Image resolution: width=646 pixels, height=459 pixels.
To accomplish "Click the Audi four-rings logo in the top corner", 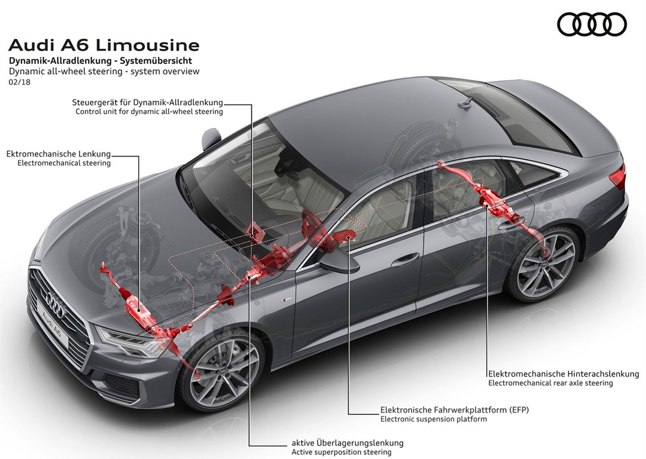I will coord(592,25).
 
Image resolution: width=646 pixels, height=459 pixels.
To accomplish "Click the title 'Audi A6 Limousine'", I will coord(104,45).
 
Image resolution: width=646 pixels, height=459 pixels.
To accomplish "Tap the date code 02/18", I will coord(20,82).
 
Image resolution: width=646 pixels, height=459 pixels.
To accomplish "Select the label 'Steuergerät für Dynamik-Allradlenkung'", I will coord(147,102).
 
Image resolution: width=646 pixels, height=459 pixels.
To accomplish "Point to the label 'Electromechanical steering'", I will coord(64,163).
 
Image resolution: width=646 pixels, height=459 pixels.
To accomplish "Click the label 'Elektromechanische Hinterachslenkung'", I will coord(563,374).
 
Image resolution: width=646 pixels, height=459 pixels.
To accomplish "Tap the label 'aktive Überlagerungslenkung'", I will coord(348,443).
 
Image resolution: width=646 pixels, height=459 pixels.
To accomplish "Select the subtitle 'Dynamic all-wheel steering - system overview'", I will coord(104,71).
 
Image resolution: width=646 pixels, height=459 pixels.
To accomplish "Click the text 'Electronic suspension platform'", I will coord(434,419).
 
